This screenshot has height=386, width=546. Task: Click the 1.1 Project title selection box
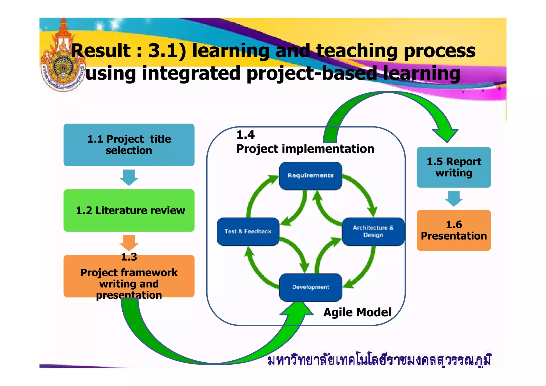click(129, 145)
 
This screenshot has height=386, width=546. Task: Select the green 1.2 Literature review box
click(129, 210)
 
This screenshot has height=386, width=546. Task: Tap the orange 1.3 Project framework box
click(129, 276)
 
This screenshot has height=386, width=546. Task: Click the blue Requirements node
click(310, 176)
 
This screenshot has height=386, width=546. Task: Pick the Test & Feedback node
click(248, 232)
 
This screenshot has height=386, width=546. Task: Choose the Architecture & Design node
click(373, 232)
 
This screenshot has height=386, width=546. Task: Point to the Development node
click(310, 287)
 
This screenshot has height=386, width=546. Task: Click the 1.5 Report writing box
click(453, 167)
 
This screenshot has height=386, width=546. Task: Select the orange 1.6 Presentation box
click(453, 230)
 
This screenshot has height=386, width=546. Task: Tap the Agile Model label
click(357, 312)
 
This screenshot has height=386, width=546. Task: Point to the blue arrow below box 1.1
click(129, 177)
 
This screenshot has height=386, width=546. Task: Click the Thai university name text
click(379, 361)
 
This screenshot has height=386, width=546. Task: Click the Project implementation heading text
click(305, 149)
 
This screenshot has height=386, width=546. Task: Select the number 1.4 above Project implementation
click(245, 135)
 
